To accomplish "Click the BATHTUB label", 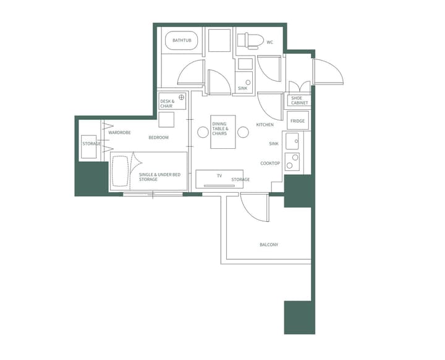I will [182, 41].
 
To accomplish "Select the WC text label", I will [269, 43].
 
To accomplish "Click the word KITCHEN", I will [265, 125].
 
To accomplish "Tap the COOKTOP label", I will [270, 163].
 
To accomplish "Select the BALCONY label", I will [269, 245].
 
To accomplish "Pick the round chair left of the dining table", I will [202, 132].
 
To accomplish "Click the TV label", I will [219, 176].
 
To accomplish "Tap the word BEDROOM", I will [158, 137].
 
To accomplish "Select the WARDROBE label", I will [119, 132].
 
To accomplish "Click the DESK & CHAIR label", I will [167, 104].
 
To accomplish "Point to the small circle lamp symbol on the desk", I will [182, 98].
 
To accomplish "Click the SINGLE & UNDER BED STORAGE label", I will [159, 177].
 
